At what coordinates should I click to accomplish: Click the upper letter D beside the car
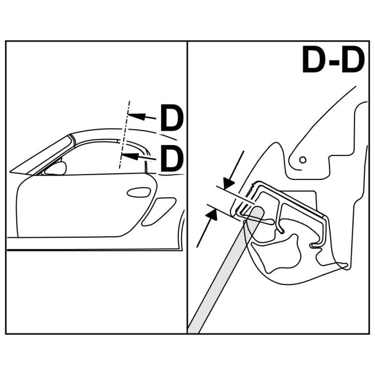171,119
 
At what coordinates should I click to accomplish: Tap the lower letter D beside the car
171,159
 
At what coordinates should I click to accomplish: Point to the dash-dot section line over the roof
125,134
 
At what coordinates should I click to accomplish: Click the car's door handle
139,192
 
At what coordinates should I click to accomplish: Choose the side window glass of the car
96,159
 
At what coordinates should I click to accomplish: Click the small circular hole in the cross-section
303,159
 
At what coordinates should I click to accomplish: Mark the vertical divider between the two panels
187,187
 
